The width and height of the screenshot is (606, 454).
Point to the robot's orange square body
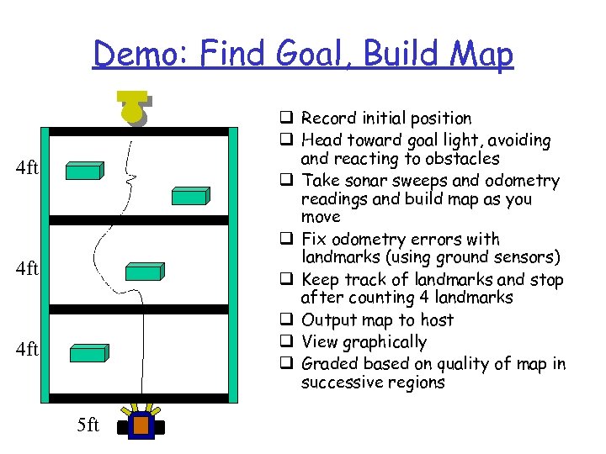(140, 426)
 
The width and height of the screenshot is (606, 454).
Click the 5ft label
(88, 425)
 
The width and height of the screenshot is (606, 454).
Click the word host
(436, 320)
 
